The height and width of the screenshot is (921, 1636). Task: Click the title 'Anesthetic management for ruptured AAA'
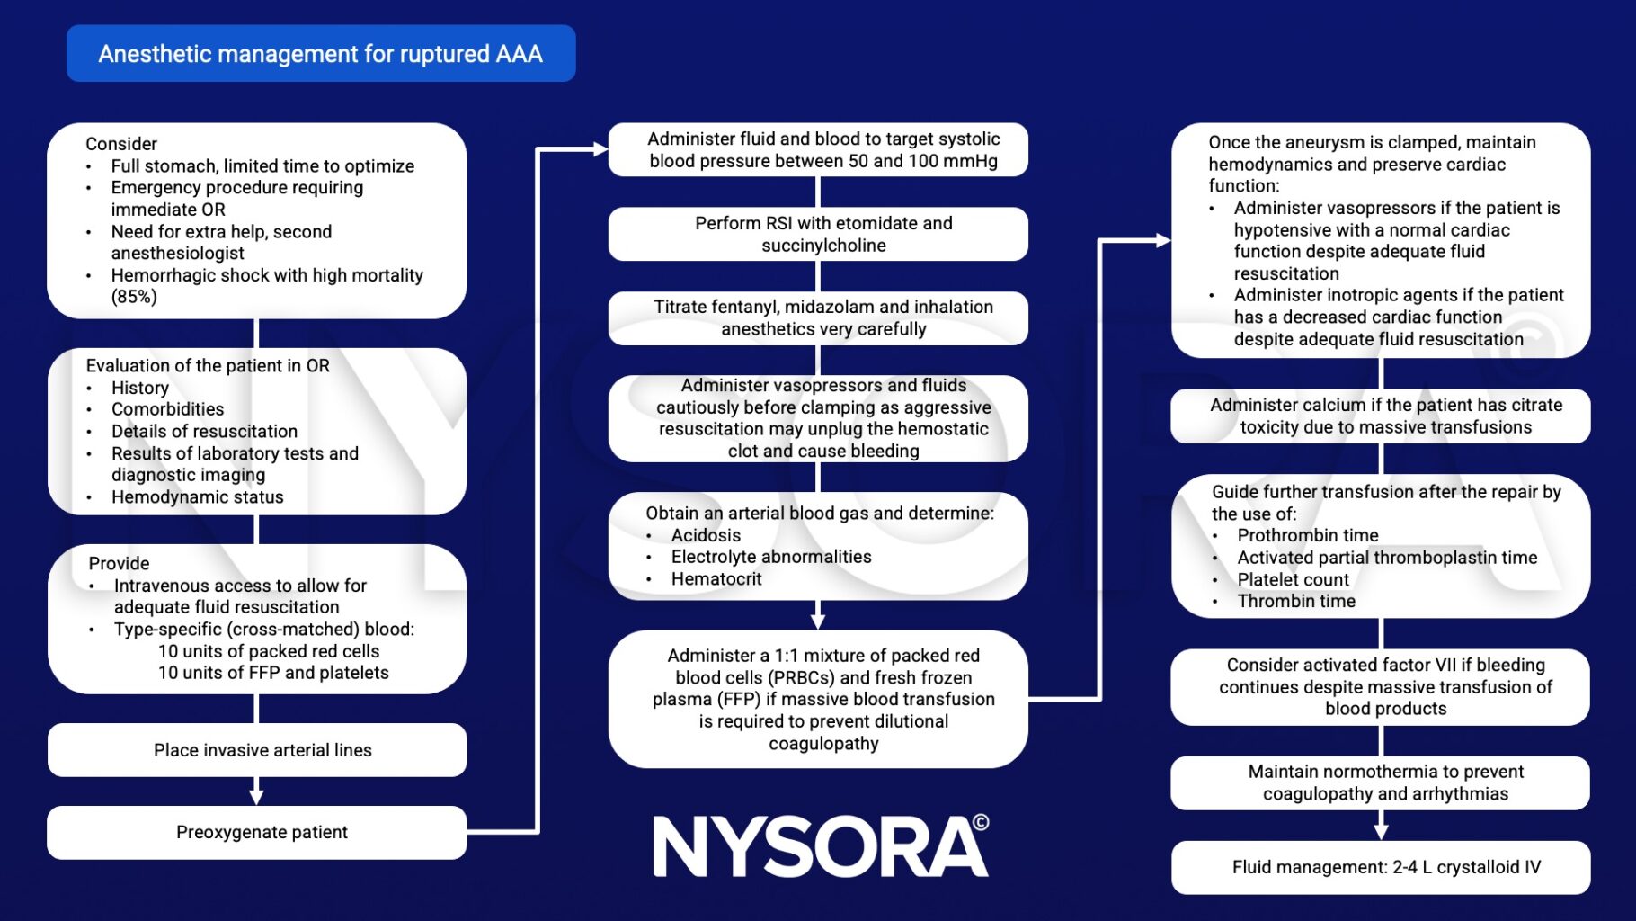(320, 54)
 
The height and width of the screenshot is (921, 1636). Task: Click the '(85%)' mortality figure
(134, 297)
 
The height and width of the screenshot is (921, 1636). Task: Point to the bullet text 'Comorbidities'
(167, 409)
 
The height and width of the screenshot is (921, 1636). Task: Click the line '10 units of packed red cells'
(269, 651)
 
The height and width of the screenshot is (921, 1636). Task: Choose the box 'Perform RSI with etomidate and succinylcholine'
(818, 234)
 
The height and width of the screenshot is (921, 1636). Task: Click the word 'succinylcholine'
(823, 246)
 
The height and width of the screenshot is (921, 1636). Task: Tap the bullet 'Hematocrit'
(716, 579)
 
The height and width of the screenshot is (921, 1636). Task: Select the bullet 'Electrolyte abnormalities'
(771, 557)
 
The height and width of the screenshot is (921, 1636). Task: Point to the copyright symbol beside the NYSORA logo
(981, 822)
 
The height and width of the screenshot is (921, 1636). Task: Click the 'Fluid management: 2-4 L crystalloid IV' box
(1381, 867)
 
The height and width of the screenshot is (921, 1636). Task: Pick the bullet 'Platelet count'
(1293, 580)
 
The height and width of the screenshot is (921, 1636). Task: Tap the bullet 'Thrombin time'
(1296, 602)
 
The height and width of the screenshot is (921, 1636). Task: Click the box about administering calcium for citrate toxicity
(1381, 416)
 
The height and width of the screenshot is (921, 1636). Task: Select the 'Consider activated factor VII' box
(1381, 687)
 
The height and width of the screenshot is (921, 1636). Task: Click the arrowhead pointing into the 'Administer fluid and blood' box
(600, 149)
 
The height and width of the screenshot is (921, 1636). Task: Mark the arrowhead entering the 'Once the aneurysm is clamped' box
(1163, 240)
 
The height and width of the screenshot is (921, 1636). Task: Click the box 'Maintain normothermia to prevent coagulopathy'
(1381, 782)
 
